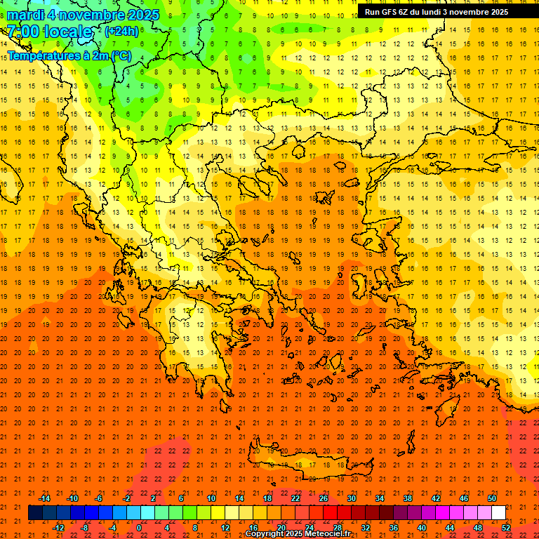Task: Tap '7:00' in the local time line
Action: tap(23, 32)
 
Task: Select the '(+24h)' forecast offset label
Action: tap(121, 32)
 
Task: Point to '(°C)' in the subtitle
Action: tap(119, 56)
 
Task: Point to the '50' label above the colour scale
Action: tap(491, 498)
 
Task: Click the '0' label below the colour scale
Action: tap(139, 527)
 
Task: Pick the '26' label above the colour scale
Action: tap(324, 498)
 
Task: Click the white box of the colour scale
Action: tap(498, 513)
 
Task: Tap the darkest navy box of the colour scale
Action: tap(35, 513)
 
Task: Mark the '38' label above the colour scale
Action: tap(407, 498)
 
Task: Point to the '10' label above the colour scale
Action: tap(211, 498)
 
